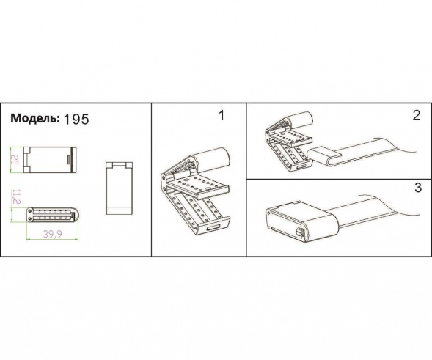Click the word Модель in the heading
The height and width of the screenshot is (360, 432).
click(x=35, y=118)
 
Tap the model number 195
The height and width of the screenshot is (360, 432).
click(x=76, y=120)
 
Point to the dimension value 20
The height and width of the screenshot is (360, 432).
click(x=15, y=160)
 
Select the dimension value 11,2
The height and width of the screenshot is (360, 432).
click(x=16, y=196)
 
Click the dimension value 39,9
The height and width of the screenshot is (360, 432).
click(x=53, y=234)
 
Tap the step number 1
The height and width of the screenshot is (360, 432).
click(x=222, y=115)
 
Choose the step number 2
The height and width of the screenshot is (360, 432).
click(x=417, y=115)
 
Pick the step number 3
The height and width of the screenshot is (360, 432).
click(x=418, y=188)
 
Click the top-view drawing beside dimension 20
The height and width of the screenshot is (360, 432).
click(x=50, y=160)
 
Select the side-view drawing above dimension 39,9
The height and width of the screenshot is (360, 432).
click(x=52, y=215)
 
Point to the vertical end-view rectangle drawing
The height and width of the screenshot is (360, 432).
click(x=120, y=188)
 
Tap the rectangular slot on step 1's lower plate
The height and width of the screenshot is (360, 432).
click(x=213, y=227)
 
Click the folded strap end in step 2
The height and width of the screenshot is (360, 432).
click(x=323, y=156)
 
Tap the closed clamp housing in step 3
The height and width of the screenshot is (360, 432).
click(x=301, y=221)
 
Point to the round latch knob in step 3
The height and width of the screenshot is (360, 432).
click(x=299, y=232)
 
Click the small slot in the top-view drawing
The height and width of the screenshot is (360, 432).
click(x=68, y=160)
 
